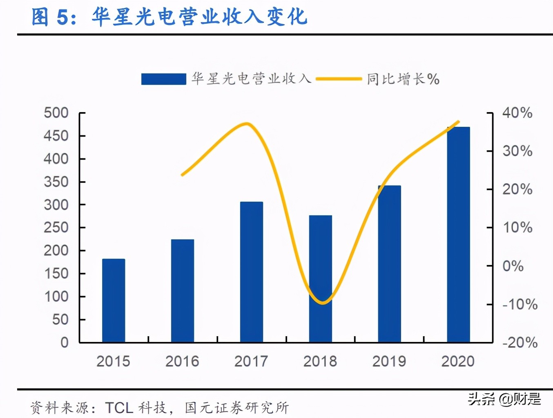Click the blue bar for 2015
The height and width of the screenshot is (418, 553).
(x=114, y=301)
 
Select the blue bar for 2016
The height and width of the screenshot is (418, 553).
(x=183, y=291)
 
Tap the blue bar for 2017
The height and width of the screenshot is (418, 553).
(x=252, y=272)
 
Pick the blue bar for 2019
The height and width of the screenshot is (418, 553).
(x=389, y=264)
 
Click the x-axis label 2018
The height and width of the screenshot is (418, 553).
(x=320, y=361)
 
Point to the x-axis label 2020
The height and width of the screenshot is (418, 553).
(x=458, y=361)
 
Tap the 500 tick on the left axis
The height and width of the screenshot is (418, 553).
(x=56, y=113)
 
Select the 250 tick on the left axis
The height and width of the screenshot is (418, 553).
(x=56, y=227)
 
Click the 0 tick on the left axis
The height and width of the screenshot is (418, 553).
(x=65, y=342)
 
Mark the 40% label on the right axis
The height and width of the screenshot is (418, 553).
(x=517, y=113)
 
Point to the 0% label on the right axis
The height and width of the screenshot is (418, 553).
(x=513, y=266)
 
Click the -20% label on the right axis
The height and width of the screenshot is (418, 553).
(x=520, y=342)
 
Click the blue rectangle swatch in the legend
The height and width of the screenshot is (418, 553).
(x=163, y=79)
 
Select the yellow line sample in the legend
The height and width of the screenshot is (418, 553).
(x=339, y=79)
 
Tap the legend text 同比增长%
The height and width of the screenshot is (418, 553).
(x=403, y=79)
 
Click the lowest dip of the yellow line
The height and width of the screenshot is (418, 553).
(x=323, y=303)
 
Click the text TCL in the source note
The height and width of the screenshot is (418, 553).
(x=119, y=407)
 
